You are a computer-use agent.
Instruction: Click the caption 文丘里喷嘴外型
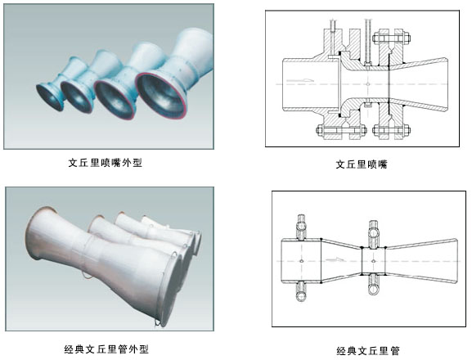pyautogui.click(x=105, y=163)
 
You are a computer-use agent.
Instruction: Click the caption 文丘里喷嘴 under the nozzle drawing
pyautogui.click(x=362, y=164)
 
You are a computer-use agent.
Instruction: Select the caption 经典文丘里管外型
pyautogui.click(x=106, y=349)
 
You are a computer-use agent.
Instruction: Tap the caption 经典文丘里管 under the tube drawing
pyautogui.click(x=368, y=351)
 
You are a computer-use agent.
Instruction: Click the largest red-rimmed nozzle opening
pyautogui.click(x=160, y=96)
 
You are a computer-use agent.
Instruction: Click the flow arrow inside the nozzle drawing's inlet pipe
pyautogui.click(x=300, y=80)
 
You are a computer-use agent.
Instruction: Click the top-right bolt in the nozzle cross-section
pyautogui.click(x=391, y=38)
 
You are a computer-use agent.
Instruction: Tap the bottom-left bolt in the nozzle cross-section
pyautogui.click(x=341, y=130)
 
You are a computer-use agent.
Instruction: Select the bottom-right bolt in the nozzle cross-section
pyautogui.click(x=391, y=130)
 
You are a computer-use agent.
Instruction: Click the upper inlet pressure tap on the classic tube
pyautogui.click(x=302, y=227)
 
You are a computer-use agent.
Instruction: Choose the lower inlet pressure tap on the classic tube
pyautogui.click(x=301, y=291)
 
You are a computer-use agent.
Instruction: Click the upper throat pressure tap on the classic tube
pyautogui.click(x=374, y=234)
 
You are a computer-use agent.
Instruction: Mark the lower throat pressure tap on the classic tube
pyautogui.click(x=374, y=285)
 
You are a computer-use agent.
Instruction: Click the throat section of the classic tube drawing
pyautogui.click(x=373, y=261)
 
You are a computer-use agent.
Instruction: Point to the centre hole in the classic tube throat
pyautogui.click(x=374, y=261)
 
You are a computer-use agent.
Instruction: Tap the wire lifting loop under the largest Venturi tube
pyautogui.click(x=158, y=323)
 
